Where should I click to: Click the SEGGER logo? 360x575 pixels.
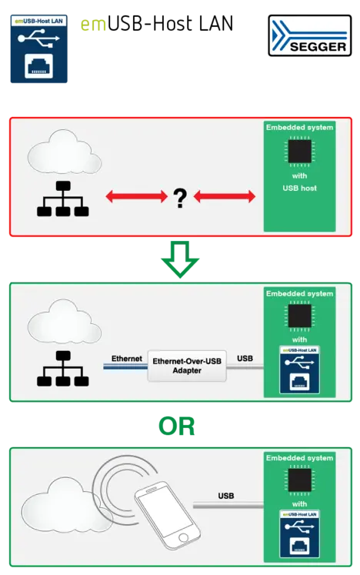310,35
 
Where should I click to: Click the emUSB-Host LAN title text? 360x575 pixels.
157,24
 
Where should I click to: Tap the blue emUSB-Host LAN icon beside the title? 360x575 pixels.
39,48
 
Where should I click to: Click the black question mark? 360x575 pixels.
180,198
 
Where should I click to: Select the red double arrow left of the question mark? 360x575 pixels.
136,196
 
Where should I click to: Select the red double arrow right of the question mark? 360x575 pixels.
225,196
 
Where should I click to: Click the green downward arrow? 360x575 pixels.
180,259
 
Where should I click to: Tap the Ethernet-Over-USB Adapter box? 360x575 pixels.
187,366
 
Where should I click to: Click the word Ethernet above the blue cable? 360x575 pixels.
127,358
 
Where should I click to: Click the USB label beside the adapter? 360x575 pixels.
245,358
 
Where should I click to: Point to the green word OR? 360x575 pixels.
177,426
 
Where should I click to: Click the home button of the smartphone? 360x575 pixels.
183,538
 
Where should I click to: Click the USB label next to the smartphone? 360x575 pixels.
226,496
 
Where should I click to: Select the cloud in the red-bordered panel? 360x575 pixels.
65,151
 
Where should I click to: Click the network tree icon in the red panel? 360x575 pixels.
62,199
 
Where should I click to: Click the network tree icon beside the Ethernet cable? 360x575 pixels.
62,369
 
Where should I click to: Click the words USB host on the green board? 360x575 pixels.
299,188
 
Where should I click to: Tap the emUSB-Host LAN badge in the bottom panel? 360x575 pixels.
299,533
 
